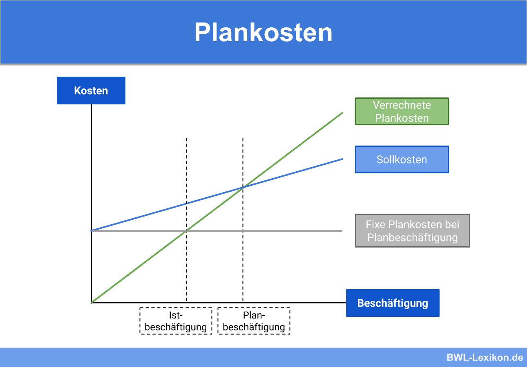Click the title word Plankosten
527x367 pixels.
[263, 33]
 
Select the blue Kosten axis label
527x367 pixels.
[91, 91]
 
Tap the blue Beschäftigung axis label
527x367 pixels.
[393, 303]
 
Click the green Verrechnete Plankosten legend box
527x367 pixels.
[402, 111]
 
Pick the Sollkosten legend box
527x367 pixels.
[402, 159]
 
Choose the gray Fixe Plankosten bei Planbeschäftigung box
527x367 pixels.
[413, 231]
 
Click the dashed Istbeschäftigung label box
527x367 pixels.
[176, 321]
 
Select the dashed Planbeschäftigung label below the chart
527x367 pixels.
[254, 321]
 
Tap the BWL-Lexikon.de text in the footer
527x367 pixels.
[485, 358]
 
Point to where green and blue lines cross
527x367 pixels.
[243, 188]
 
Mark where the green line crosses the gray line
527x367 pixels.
[187, 231]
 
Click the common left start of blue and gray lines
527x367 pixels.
[92, 231]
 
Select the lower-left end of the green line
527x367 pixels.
[92, 302]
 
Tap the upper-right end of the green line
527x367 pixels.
[342, 113]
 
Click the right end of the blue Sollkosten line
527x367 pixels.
[342, 159]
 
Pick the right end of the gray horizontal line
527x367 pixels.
[342, 231]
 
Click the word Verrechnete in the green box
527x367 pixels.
[402, 105]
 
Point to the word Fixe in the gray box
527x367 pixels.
[375, 225]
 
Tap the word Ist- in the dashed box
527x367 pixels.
[176, 316]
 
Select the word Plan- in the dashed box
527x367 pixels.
[254, 316]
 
